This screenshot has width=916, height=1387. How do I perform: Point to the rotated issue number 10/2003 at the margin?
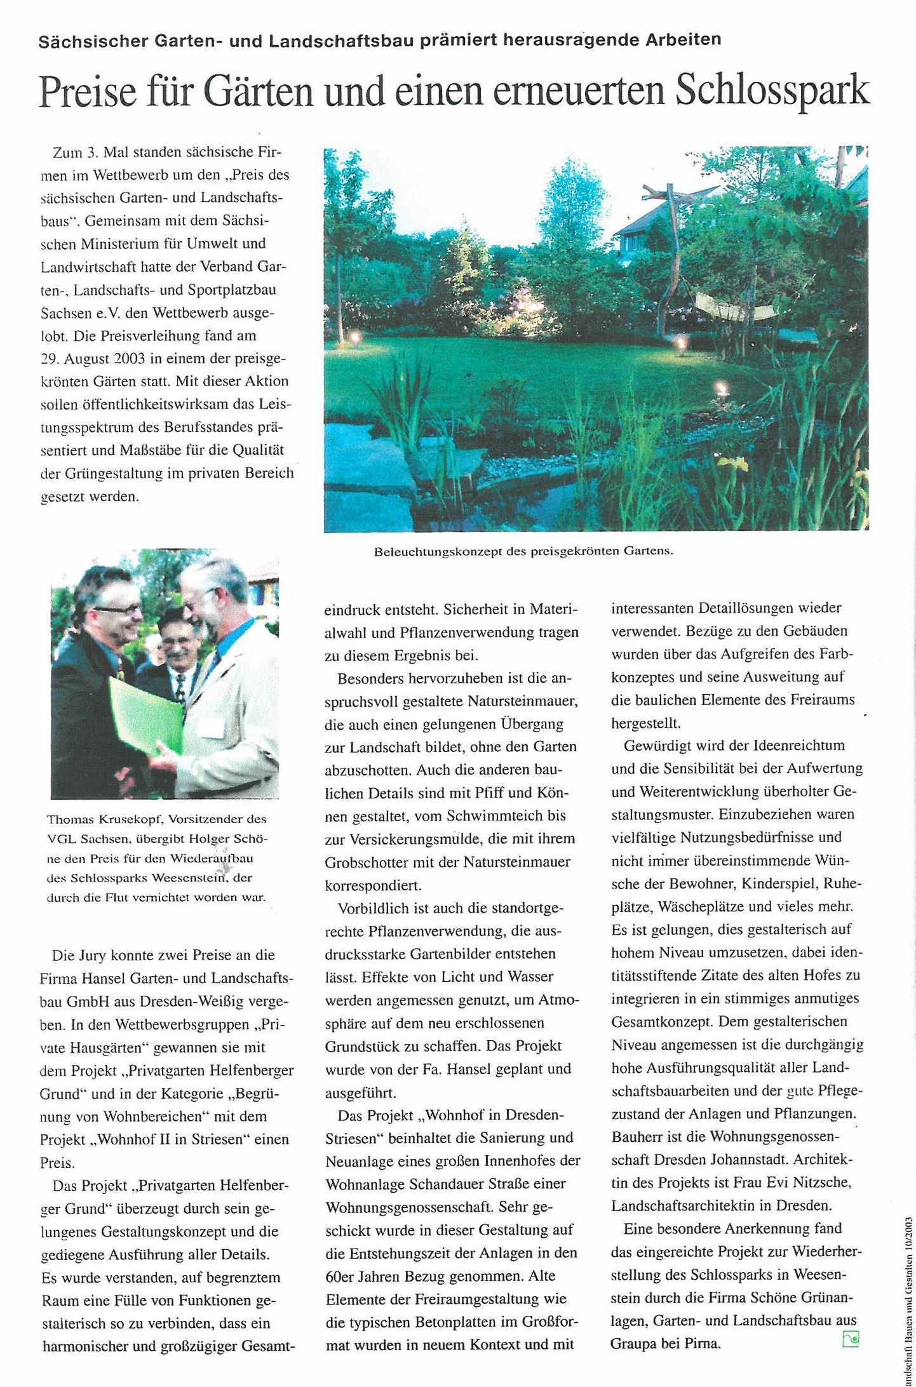[908, 1243]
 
